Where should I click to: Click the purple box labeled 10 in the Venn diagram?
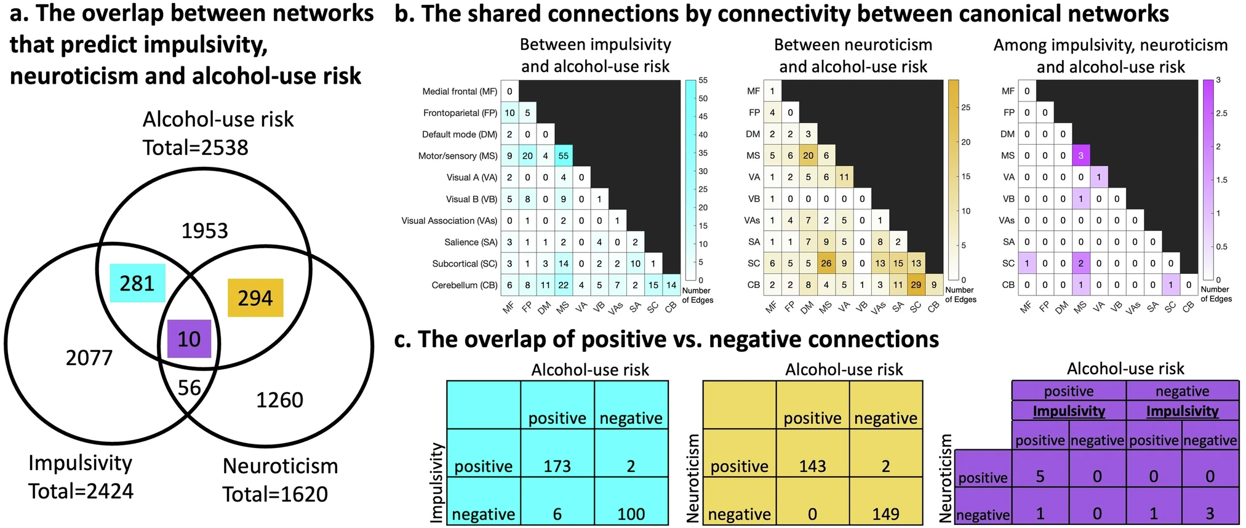(189, 339)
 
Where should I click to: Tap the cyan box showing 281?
(137, 283)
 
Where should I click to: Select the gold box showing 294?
(255, 298)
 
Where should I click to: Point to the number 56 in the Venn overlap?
(190, 387)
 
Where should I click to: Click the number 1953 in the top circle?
(205, 231)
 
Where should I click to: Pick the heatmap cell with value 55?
(563, 156)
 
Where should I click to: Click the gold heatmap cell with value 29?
(916, 285)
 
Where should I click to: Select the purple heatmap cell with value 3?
(1081, 156)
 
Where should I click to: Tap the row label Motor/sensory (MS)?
(457, 156)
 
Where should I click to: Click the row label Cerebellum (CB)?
(464, 286)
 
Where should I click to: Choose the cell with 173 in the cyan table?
(557, 466)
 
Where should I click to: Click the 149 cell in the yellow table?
(885, 514)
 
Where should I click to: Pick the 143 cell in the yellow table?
(812, 466)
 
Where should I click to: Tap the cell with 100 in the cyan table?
(631, 514)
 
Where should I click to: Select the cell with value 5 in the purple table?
(1040, 476)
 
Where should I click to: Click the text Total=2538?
(196, 148)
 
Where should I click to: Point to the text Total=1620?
(275, 494)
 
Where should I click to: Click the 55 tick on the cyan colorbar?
(703, 81)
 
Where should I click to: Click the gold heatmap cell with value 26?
(826, 263)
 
